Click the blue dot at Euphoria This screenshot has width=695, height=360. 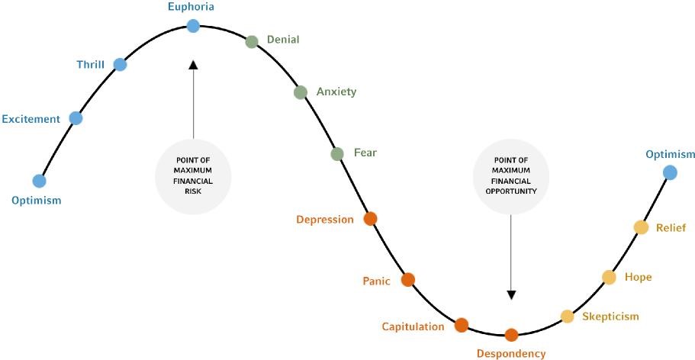point(193,26)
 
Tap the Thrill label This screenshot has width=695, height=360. point(90,65)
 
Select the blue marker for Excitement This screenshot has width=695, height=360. point(76,117)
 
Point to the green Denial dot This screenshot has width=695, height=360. point(252,41)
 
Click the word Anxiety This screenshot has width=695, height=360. point(336,92)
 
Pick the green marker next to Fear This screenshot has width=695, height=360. point(337,154)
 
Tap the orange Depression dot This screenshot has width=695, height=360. point(370,219)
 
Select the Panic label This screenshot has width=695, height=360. point(376,281)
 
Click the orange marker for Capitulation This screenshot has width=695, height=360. point(461,325)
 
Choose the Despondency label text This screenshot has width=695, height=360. point(511,353)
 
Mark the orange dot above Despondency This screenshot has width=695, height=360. point(511,334)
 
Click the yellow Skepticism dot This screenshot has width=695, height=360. point(567,316)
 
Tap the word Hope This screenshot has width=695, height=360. point(638,277)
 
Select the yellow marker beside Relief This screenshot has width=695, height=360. point(641,227)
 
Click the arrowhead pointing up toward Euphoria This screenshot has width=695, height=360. point(193,66)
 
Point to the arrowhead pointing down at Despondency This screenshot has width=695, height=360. point(511,294)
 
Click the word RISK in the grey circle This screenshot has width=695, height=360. point(193,191)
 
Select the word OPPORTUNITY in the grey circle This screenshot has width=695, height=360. point(511,191)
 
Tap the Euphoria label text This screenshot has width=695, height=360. point(191,7)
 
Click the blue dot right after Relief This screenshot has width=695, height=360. point(670,172)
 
